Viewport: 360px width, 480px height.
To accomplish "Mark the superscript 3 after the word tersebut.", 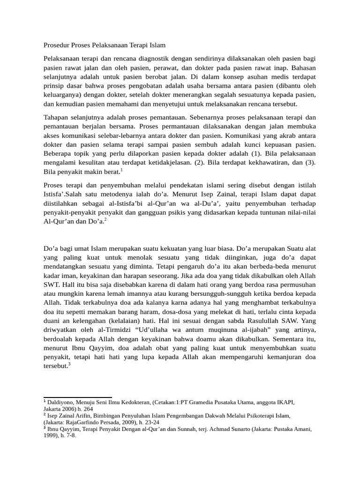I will [69, 363].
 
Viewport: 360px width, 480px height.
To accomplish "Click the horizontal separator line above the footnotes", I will [77, 397].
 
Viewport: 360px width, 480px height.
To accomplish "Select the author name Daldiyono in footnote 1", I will [62, 403].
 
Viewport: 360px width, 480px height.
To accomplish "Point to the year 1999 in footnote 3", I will [52, 435].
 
